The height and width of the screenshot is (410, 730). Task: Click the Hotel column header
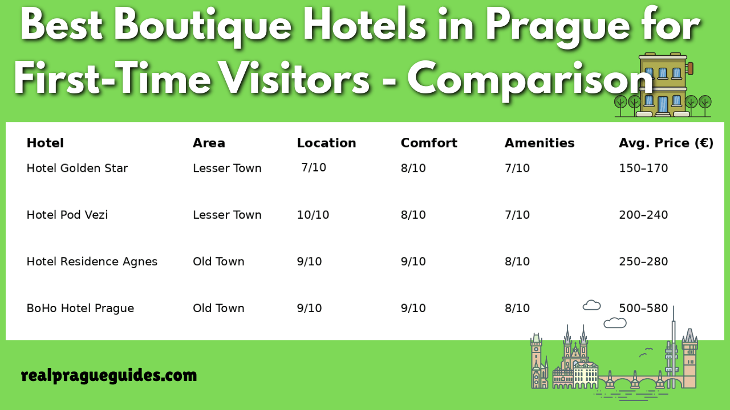45,143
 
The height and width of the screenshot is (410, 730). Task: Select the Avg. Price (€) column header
666,143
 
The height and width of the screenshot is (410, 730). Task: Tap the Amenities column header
539,143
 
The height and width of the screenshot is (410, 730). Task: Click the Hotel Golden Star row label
77,168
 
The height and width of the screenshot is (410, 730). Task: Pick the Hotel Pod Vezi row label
67,215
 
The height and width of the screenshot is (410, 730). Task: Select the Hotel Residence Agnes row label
92,261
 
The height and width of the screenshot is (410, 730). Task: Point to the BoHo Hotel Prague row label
80,308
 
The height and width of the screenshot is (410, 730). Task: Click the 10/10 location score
313,215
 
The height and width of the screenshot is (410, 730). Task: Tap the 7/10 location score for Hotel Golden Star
314,167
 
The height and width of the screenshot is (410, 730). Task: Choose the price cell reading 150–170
643,168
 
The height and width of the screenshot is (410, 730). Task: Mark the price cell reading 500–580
643,308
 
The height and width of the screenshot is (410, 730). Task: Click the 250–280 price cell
643,261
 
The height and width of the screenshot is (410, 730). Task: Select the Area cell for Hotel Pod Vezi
227,215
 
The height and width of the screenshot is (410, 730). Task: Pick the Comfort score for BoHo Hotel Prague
413,308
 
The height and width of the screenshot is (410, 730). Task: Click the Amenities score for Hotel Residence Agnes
517,261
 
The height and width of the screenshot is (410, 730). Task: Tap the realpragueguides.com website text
109,375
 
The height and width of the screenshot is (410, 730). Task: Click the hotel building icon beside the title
663,85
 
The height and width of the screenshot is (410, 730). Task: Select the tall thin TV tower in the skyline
674,347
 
